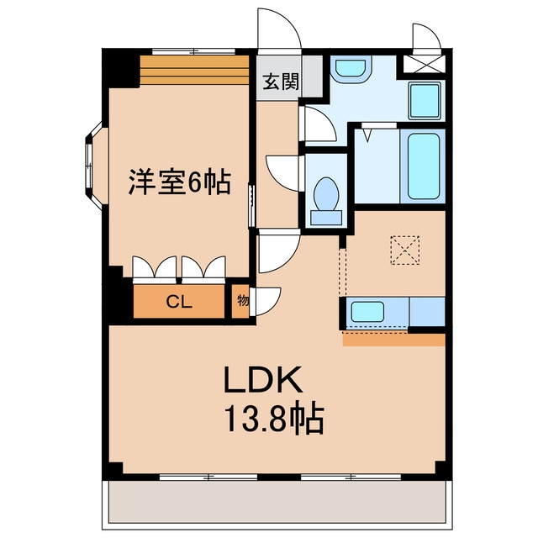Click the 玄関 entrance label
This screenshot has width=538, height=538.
[x=281, y=82]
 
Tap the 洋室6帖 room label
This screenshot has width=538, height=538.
[x=180, y=182]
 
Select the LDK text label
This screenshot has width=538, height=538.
[x=263, y=380]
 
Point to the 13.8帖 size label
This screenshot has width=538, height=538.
[x=273, y=419]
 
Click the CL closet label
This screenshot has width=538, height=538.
[x=179, y=302]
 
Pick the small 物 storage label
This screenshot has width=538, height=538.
[x=243, y=301]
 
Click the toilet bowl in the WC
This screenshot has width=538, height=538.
[x=326, y=194]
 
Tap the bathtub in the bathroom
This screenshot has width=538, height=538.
[x=424, y=166]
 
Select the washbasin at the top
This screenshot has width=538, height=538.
[x=350, y=67]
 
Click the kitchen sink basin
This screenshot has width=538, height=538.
[x=367, y=311]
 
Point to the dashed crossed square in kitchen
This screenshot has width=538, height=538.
[x=405, y=251]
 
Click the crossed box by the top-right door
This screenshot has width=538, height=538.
[x=423, y=64]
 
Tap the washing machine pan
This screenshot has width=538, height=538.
[x=425, y=101]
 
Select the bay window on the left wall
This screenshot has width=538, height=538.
[x=93, y=166]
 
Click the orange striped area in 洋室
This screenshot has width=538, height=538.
[x=194, y=70]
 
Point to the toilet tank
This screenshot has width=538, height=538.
[x=326, y=218]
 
